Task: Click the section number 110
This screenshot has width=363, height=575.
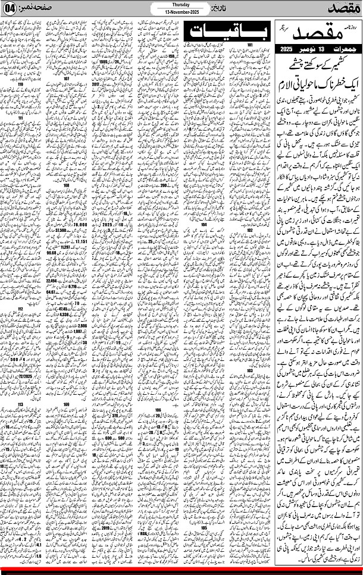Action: pyautogui.click(x=21, y=84)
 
